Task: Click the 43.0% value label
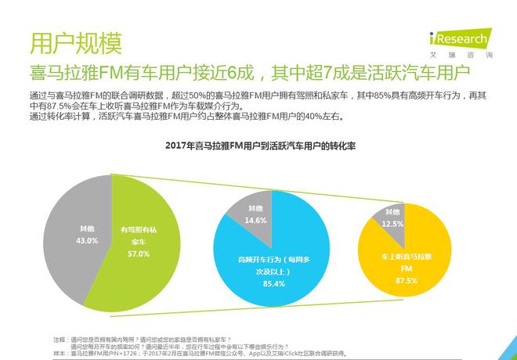pos(87,240)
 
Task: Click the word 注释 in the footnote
pos(59,337)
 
